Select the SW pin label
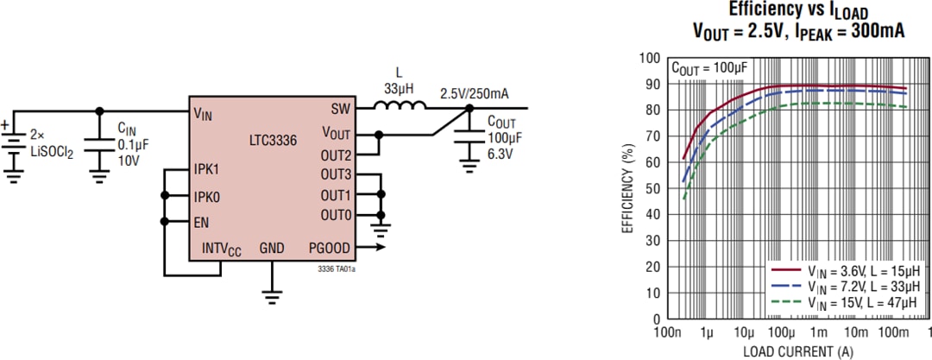(x=340, y=110)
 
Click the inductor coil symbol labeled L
(x=399, y=107)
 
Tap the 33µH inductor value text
(x=399, y=87)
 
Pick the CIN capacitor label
(x=127, y=128)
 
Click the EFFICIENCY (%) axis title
(x=627, y=188)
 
